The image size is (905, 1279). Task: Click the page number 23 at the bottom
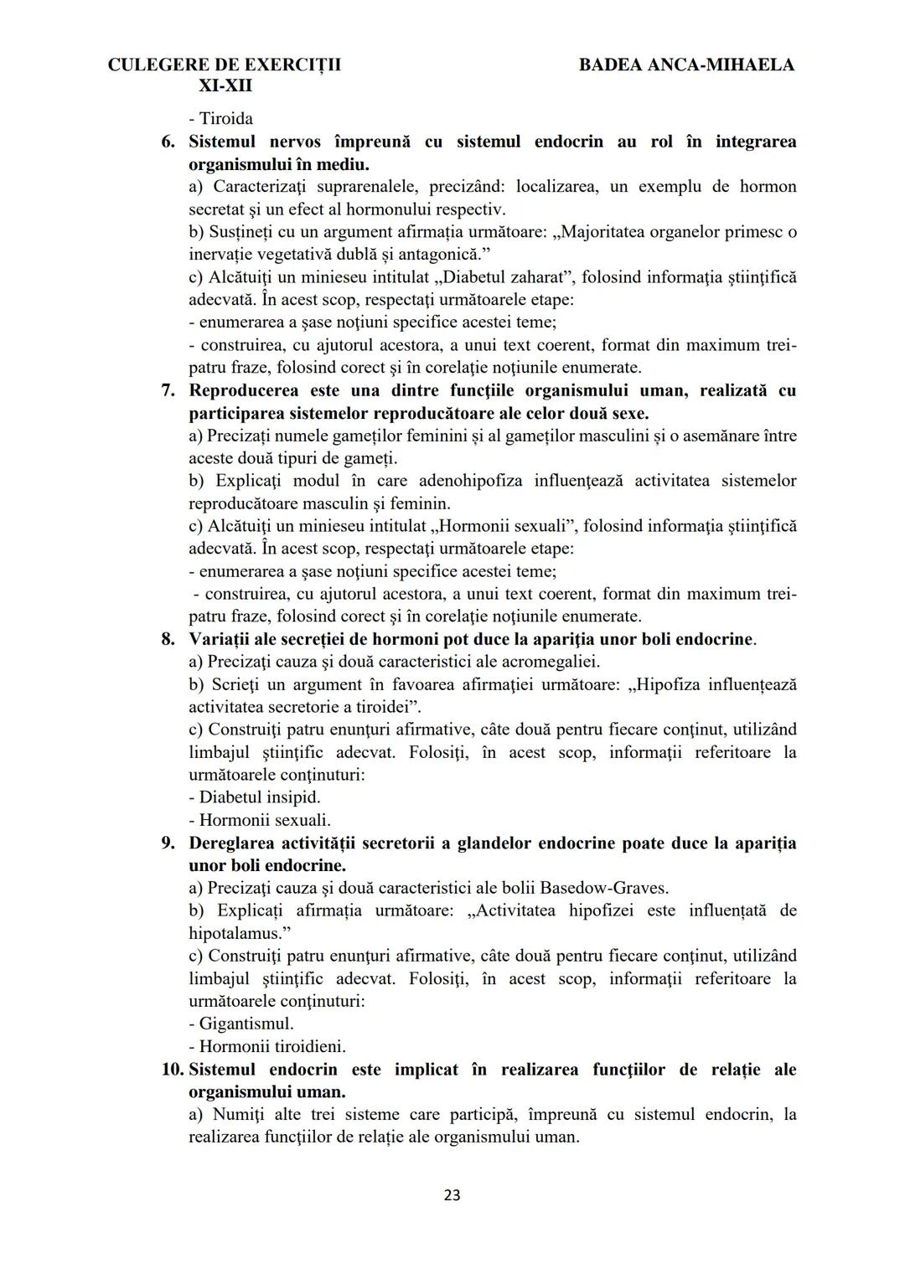[452, 1195]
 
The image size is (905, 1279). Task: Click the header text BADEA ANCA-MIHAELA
[686, 64]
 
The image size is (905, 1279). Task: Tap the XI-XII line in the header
[225, 85]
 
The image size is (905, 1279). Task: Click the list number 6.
[168, 142]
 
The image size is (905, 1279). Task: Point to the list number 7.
[168, 390]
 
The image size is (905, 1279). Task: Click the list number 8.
[168, 639]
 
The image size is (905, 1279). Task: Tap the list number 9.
[168, 843]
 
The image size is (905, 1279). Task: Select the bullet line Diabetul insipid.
[259, 797]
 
